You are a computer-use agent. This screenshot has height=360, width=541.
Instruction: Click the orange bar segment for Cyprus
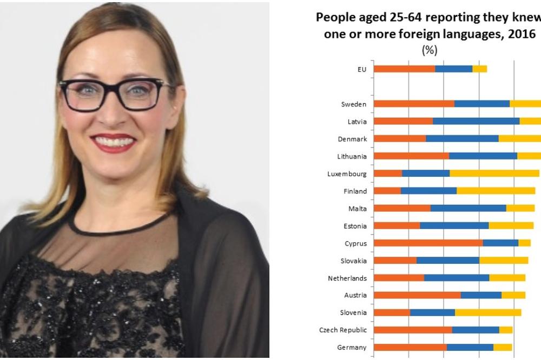click(x=428, y=243)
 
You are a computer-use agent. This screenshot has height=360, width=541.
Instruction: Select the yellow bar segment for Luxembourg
click(x=494, y=174)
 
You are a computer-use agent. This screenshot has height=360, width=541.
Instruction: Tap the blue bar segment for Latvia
click(x=476, y=122)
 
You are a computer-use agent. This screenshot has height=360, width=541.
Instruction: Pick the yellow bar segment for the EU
click(x=479, y=69)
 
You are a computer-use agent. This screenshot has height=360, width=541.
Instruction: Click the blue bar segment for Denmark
click(x=462, y=139)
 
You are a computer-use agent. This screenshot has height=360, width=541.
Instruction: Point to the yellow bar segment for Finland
click(x=496, y=191)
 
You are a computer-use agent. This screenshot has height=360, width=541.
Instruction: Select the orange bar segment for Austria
click(x=417, y=295)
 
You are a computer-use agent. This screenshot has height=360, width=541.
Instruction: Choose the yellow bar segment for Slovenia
click(x=488, y=312)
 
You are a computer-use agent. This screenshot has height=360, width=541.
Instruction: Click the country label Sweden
click(x=354, y=104)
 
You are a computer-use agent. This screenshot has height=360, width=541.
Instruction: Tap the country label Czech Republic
click(x=343, y=330)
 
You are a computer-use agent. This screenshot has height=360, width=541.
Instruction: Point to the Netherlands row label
click(x=347, y=278)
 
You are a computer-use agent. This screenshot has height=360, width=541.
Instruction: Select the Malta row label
click(x=358, y=209)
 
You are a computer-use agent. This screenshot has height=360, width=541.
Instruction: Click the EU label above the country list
click(x=361, y=70)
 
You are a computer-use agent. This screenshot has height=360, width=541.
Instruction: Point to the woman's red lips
click(x=113, y=142)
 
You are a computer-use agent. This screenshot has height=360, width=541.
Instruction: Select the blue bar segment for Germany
click(x=470, y=347)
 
